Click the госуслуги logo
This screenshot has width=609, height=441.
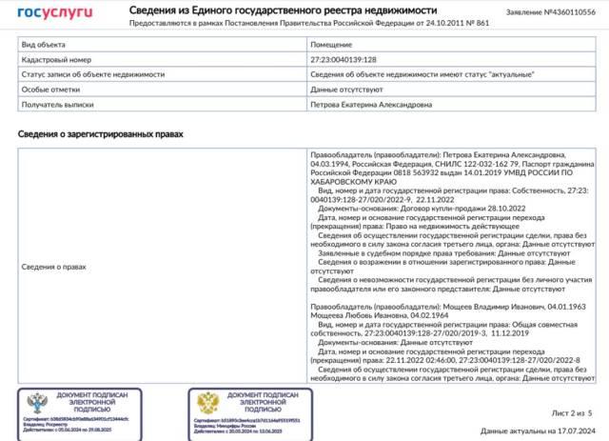[x=55, y=11]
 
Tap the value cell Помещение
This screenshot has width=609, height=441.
[x=332, y=44]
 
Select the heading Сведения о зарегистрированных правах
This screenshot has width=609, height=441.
[x=100, y=134]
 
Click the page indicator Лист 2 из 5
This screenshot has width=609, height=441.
[x=571, y=412]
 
